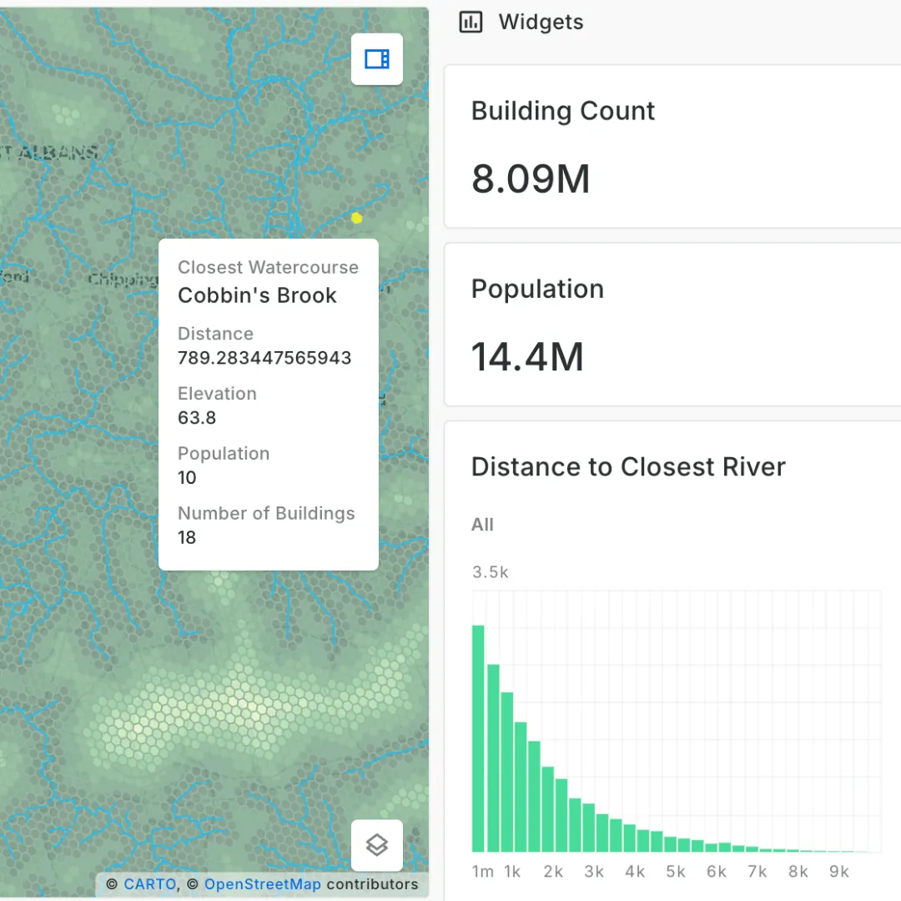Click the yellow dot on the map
[x=357, y=218]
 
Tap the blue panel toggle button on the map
[x=377, y=58]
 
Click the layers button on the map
[x=377, y=845]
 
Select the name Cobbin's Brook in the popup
[x=257, y=295]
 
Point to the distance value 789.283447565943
[x=264, y=358]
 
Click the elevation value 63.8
[x=197, y=418]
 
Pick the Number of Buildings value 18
[x=187, y=537]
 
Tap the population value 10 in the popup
[x=187, y=477]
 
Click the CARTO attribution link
[x=150, y=884]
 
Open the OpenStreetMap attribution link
[x=262, y=884]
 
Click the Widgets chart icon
[x=471, y=23]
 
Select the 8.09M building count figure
[x=531, y=179]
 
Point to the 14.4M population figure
[x=527, y=357]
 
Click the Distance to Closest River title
[x=628, y=466]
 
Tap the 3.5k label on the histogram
[x=490, y=572]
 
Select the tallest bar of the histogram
[x=478, y=738]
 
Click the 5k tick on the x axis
[x=675, y=872]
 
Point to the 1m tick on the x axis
[x=482, y=872]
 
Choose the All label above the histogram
[x=482, y=525]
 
